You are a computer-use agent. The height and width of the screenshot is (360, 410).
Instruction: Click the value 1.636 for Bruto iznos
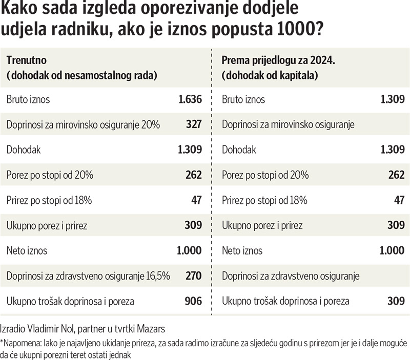(190, 99)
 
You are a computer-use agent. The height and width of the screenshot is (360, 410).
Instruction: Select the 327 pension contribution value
(194, 124)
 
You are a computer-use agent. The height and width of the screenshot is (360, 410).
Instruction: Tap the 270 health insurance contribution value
(194, 276)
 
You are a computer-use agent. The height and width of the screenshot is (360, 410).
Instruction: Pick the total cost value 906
(194, 301)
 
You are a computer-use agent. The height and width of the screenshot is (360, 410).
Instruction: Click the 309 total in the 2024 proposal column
(396, 301)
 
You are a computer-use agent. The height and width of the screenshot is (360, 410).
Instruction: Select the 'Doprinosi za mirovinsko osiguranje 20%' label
(84, 124)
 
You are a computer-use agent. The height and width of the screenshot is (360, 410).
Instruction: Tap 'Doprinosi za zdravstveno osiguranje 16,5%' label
(88, 276)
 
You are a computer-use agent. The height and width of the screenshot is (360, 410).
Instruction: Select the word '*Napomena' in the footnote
(19, 343)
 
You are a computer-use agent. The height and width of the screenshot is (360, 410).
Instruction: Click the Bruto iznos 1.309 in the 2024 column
(393, 99)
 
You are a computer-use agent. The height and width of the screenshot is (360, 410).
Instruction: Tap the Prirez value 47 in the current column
(197, 200)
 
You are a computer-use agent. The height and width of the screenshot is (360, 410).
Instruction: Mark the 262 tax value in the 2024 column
(396, 175)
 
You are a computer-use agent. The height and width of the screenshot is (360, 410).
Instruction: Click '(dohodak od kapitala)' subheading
(269, 75)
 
